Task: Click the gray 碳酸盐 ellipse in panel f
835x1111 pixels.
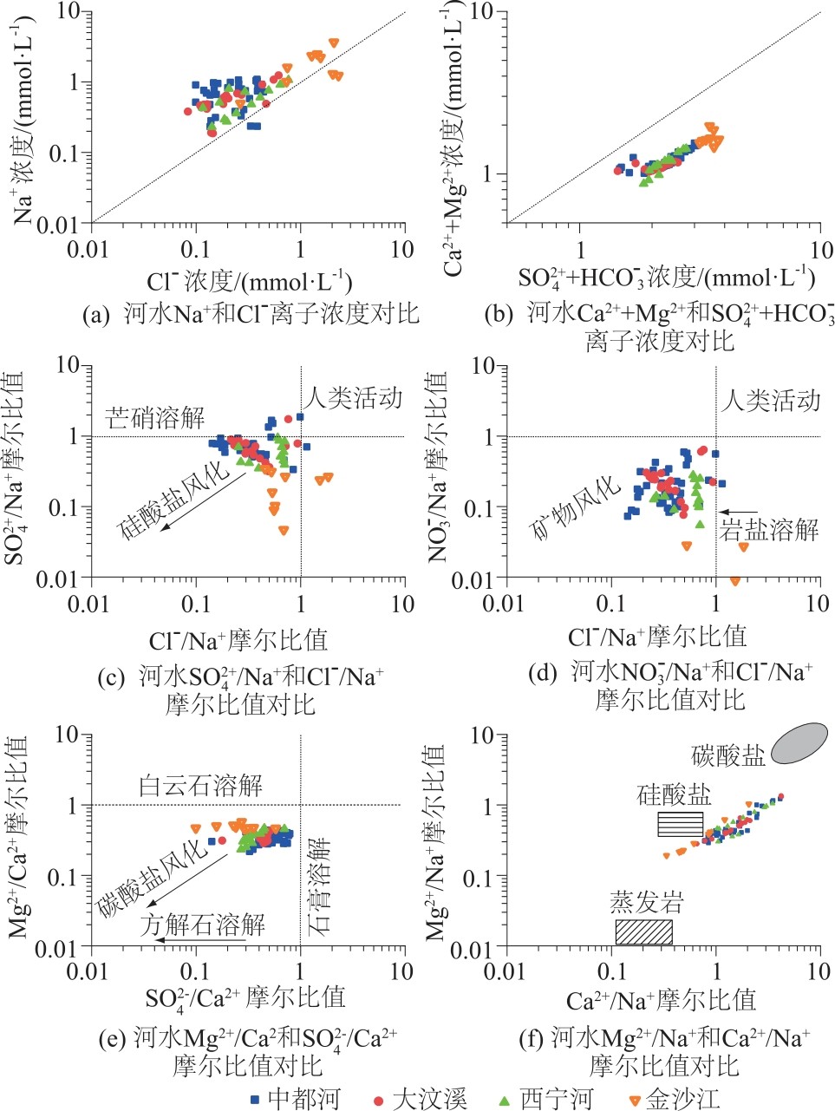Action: tap(799, 743)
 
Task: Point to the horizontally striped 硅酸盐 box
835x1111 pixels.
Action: tap(680, 824)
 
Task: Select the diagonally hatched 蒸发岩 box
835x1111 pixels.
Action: tap(643, 931)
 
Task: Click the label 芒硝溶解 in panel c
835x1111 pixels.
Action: tap(155, 418)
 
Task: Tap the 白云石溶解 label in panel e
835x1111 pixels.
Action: tap(200, 787)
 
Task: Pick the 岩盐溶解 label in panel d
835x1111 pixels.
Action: tap(769, 529)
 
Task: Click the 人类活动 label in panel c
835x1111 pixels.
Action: tap(354, 398)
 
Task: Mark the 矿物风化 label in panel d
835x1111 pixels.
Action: tap(577, 509)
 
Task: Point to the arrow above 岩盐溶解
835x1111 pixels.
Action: tap(739, 513)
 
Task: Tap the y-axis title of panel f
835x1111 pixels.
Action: tap(435, 841)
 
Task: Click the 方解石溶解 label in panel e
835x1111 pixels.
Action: tap(202, 924)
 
